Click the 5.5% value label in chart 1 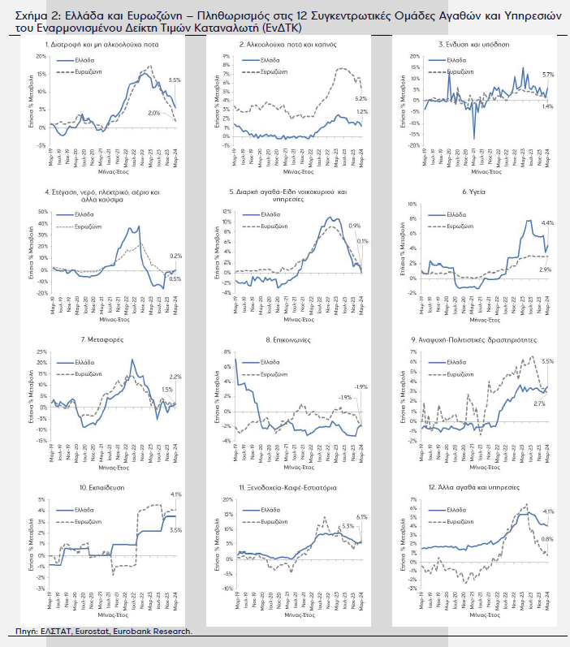pos(174,80)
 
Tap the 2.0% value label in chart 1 pos(154,113)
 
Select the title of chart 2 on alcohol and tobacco pos(298,45)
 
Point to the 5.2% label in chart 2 pos(361,98)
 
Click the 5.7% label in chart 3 pos(547,75)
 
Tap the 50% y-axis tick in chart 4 pos(44,212)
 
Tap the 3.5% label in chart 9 pos(547,361)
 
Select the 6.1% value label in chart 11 pos(362,516)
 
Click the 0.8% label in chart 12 pos(547,539)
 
